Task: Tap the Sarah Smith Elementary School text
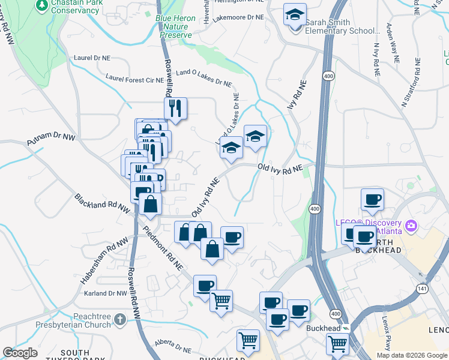tap(342, 27)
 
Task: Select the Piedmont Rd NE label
tap(162, 247)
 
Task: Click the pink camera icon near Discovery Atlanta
tap(411, 226)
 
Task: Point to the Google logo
tap(20, 353)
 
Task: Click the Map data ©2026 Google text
tap(412, 355)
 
